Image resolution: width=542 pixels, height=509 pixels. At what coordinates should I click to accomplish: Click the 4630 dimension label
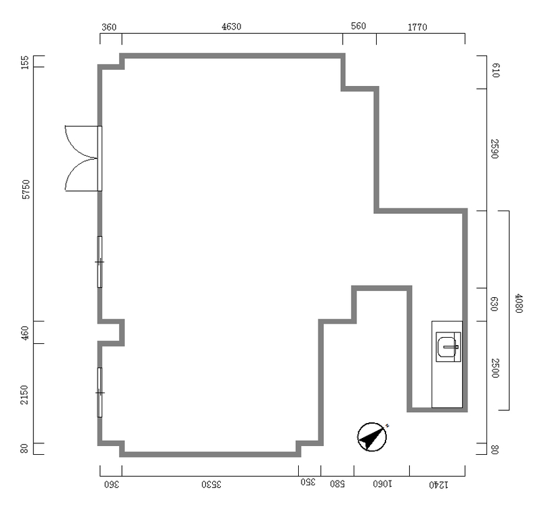tap(231, 26)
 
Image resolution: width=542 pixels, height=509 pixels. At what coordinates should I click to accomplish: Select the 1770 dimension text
tap(417, 27)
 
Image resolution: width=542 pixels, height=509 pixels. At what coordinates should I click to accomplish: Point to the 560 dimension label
tap(358, 26)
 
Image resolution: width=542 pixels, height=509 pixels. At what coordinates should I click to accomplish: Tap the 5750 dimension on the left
tap(26, 190)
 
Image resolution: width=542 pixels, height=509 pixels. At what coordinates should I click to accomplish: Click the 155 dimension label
tap(25, 62)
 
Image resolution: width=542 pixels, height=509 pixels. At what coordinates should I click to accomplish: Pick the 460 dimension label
tap(25, 333)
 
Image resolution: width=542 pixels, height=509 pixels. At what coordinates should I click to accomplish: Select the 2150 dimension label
tap(24, 395)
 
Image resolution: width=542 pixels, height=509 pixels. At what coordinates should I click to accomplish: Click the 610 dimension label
tap(495, 70)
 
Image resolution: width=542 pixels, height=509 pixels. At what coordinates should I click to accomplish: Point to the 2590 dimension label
tap(495, 149)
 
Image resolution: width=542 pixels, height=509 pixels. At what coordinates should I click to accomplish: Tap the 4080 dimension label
tap(519, 303)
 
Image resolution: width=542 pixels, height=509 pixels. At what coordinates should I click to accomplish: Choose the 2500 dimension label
tap(495, 368)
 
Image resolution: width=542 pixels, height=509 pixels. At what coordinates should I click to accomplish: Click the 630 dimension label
tap(495, 304)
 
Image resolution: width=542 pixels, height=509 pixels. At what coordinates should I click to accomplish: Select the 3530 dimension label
tap(211, 485)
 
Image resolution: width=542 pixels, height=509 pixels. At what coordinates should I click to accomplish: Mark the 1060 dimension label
tap(382, 484)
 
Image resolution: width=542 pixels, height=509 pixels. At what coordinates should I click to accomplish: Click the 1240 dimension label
tap(438, 485)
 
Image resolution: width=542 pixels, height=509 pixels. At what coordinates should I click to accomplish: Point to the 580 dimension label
tap(337, 484)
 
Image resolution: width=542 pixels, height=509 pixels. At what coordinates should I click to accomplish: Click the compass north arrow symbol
tap(372, 437)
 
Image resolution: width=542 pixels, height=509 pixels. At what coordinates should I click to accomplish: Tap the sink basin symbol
tap(449, 347)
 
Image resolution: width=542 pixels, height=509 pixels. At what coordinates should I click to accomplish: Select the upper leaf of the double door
tap(81, 142)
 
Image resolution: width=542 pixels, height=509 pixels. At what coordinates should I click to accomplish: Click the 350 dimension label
tap(308, 482)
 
